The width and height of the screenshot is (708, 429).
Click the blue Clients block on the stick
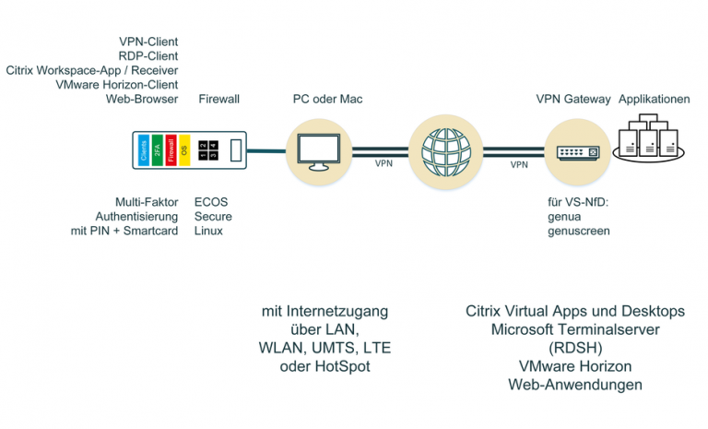click(144, 150)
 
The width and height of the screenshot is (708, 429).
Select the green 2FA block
click(157, 150)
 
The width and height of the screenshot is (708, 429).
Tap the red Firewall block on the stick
click(171, 150)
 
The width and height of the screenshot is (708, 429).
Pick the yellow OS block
click(183, 150)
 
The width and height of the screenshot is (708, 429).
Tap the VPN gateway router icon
click(575, 151)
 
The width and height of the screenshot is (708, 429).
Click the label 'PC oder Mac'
click(319, 99)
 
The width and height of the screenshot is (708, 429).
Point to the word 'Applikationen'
click(654, 99)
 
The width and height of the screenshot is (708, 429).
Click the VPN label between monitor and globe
click(383, 164)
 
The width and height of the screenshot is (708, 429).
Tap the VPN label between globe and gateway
click(519, 164)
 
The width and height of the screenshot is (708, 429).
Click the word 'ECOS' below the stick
click(211, 200)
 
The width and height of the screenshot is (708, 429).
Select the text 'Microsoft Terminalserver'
click(574, 329)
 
